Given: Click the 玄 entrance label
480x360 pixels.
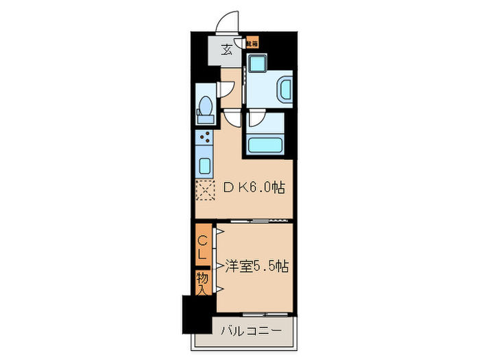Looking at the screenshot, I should coord(226,49).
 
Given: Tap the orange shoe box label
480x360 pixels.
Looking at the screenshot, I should coord(252,44).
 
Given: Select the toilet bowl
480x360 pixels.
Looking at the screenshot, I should coord(204,110).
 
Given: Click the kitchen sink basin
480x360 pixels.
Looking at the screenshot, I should coord(205,165).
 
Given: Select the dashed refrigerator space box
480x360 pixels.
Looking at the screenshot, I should coord(205,189).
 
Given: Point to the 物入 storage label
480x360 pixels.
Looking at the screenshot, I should coord(203,282).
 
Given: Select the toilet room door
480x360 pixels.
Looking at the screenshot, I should coord(224,90).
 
